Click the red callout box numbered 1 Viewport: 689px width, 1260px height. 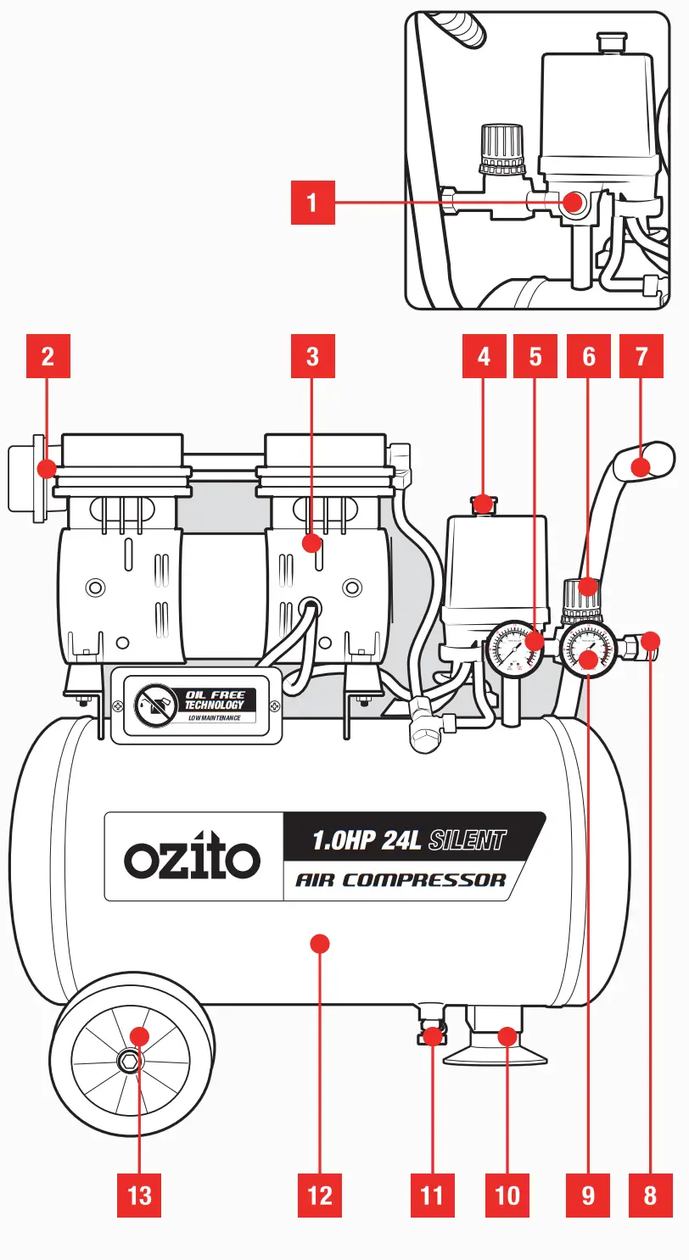(x=311, y=202)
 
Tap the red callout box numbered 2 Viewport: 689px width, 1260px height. (x=48, y=356)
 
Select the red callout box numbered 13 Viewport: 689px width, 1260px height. (x=139, y=1195)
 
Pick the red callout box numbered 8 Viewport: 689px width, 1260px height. (x=650, y=1195)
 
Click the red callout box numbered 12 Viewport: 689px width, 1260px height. (x=320, y=1195)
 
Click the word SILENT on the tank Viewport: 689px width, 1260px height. (x=468, y=840)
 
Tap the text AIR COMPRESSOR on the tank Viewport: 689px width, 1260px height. (x=401, y=879)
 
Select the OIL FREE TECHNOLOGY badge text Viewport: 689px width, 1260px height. (x=214, y=700)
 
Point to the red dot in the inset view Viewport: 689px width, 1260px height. (x=574, y=202)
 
